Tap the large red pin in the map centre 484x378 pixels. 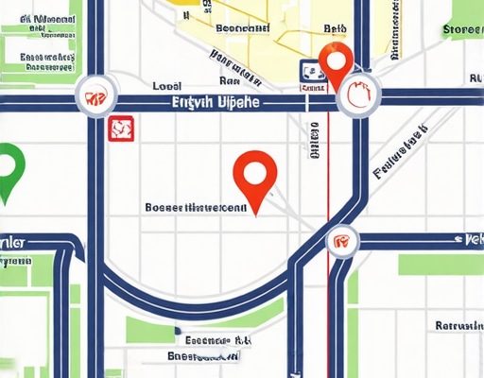(x=256, y=174)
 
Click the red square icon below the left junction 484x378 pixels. (x=120, y=128)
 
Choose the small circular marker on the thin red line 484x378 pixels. (x=340, y=240)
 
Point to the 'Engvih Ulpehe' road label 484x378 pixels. (x=216, y=102)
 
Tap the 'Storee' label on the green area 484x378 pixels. (x=462, y=29)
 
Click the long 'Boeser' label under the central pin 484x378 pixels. (x=196, y=206)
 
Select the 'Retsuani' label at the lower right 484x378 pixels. (x=458, y=325)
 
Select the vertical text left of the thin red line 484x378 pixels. (x=315, y=136)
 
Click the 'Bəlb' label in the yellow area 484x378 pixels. (x=335, y=29)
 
